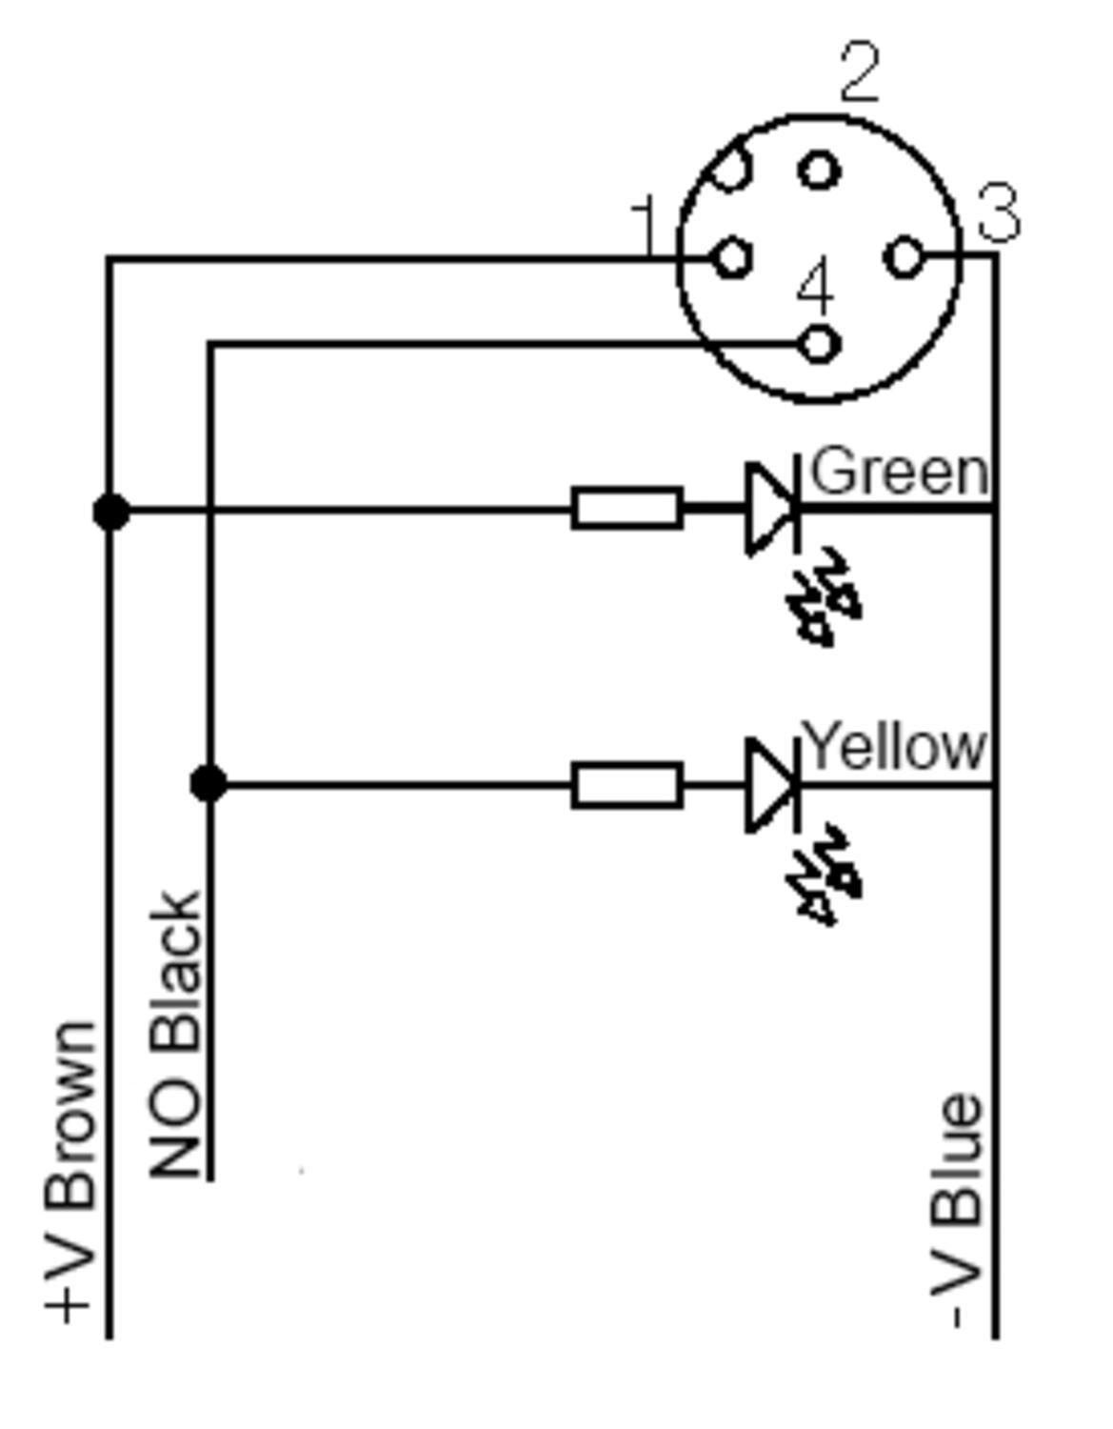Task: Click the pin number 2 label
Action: pyautogui.click(x=860, y=72)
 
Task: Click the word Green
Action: pyautogui.click(x=900, y=471)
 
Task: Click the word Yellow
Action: pyautogui.click(x=894, y=746)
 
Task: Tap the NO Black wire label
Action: pyautogui.click(x=174, y=1036)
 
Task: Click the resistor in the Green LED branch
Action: pyautogui.click(x=626, y=509)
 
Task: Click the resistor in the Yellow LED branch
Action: pyautogui.click(x=626, y=785)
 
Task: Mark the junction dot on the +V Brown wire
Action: pyautogui.click(x=111, y=511)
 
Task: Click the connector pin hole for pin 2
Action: pyautogui.click(x=819, y=170)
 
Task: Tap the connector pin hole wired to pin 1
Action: pyautogui.click(x=732, y=257)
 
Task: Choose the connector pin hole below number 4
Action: pyautogui.click(x=819, y=343)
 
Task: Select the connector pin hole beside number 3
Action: pyautogui.click(x=904, y=256)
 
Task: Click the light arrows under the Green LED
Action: pyautogui.click(x=824, y=596)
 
